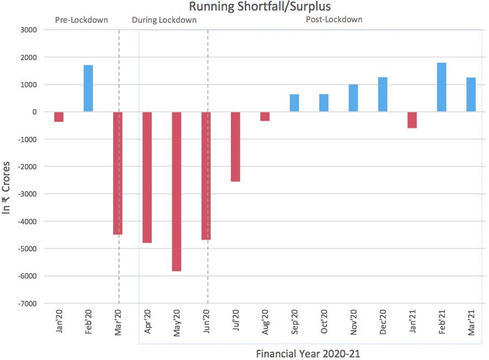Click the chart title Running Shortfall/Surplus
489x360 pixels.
coord(260,7)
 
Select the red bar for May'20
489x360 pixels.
coord(177,191)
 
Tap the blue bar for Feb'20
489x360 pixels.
coord(88,88)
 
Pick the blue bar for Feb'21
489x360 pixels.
coord(442,87)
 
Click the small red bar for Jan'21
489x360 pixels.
coord(412,120)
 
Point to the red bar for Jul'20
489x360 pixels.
coord(235,146)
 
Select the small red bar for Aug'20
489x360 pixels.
coord(265,116)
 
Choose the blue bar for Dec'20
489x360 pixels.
coord(383,94)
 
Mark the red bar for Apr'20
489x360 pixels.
coord(147,177)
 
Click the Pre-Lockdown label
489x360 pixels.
coord(81,20)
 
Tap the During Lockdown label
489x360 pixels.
coord(164,20)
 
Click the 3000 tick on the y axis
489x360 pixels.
coord(27,30)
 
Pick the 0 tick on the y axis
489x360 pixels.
coord(34,111)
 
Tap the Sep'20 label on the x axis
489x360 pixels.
coord(294,324)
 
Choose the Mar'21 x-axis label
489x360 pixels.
coord(471,324)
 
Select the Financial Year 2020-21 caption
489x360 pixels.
coord(308,353)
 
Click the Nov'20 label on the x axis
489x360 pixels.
coord(353,324)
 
